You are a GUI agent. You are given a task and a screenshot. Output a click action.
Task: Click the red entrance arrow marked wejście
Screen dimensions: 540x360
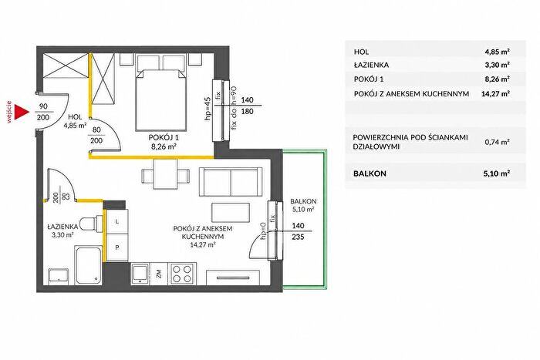(x=20, y=113)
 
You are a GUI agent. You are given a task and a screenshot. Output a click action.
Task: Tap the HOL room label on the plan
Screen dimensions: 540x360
(x=75, y=117)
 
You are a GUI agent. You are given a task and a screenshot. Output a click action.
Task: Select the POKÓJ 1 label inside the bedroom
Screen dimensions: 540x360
(x=164, y=137)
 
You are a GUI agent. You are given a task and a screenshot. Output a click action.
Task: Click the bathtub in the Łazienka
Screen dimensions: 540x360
(x=89, y=265)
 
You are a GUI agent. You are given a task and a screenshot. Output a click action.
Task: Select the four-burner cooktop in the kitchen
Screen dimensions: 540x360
(x=183, y=273)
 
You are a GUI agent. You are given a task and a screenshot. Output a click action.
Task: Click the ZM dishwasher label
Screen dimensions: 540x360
(x=159, y=274)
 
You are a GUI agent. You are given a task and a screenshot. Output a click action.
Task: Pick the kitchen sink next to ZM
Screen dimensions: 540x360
(x=140, y=273)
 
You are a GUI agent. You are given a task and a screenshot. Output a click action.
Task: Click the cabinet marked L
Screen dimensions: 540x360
(x=117, y=222)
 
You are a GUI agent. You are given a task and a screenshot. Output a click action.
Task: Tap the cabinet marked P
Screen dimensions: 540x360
(x=117, y=247)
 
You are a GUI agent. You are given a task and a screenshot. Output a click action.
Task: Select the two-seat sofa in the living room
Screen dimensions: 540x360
(x=231, y=182)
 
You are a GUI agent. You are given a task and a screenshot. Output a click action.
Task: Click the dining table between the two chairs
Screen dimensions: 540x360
(x=165, y=173)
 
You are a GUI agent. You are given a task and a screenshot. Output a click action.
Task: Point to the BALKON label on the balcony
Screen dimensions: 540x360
(x=303, y=201)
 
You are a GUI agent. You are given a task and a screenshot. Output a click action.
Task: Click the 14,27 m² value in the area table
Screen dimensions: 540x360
(x=495, y=93)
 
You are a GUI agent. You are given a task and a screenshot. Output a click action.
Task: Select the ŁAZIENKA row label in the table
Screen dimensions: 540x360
(x=371, y=65)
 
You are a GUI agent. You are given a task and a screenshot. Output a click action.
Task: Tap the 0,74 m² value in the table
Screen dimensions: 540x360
(x=497, y=142)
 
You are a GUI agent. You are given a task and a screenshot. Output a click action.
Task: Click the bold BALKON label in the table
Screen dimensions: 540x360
(x=370, y=173)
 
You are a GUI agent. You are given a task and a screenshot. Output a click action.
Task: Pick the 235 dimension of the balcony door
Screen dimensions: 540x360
(x=298, y=237)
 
